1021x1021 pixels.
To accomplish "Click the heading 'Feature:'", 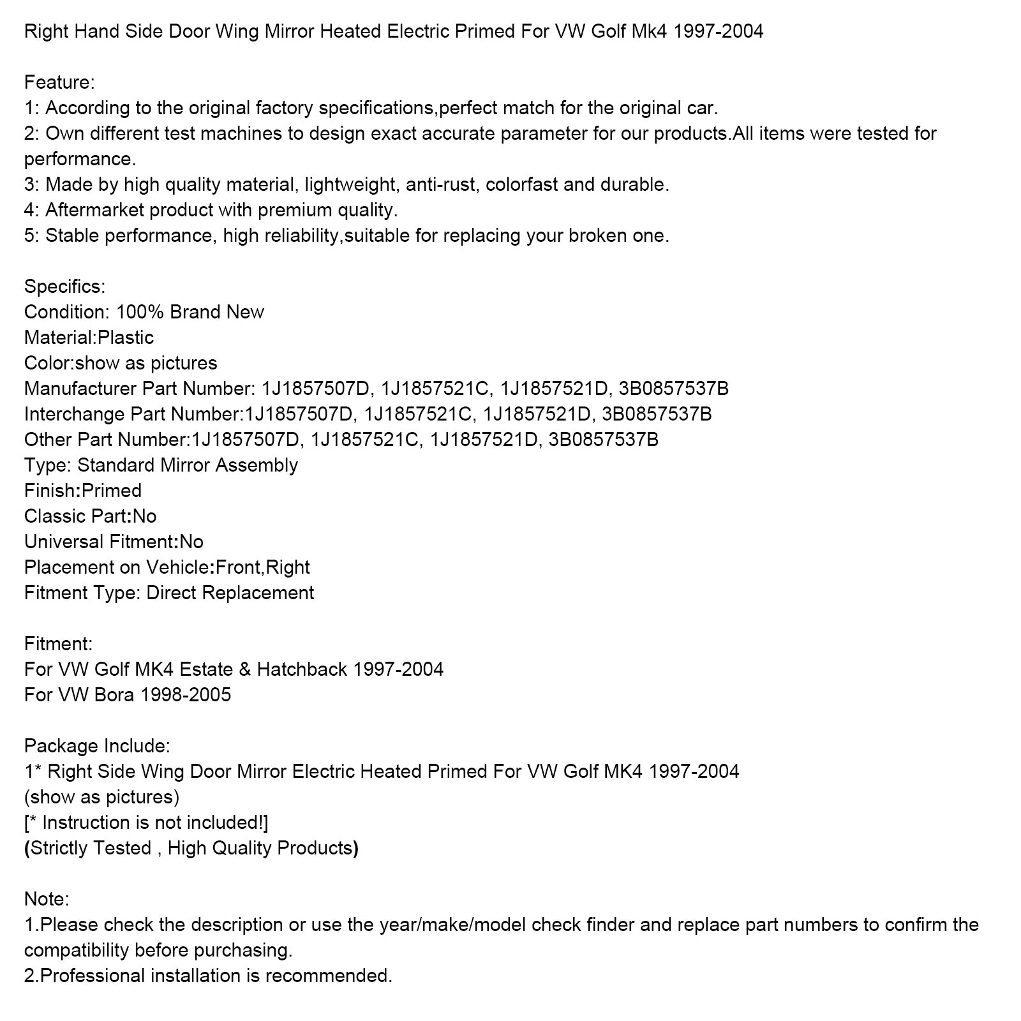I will click(x=59, y=82).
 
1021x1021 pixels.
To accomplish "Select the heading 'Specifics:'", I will click(x=64, y=287).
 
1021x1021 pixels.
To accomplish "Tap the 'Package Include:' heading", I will click(x=97, y=746).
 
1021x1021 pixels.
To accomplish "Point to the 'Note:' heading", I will click(x=47, y=899).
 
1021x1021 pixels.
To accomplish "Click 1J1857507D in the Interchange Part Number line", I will click(x=298, y=414).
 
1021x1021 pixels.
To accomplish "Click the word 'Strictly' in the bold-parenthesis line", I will click(x=59, y=848).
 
